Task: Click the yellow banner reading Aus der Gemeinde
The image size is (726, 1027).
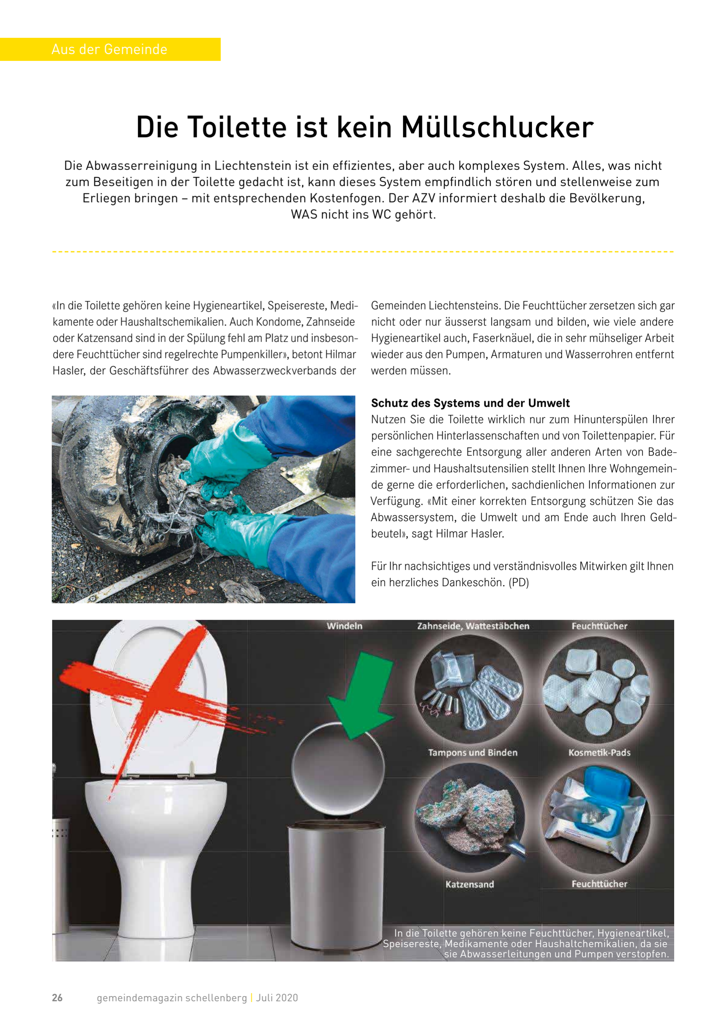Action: click(x=110, y=49)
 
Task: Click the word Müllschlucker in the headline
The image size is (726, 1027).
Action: click(x=497, y=128)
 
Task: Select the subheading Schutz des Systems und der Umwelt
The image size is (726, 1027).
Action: click(x=470, y=403)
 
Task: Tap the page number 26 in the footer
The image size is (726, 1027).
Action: click(x=57, y=997)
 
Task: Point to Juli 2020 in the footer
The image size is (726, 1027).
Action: click(x=277, y=997)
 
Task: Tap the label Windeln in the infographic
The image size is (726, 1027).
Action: click(x=344, y=626)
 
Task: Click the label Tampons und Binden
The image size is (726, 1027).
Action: click(x=473, y=752)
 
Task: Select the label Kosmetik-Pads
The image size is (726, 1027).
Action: click(x=599, y=752)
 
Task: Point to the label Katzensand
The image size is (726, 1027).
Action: click(x=469, y=884)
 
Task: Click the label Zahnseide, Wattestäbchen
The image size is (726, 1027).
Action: click(x=473, y=626)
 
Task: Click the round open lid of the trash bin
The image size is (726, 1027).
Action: click(x=338, y=767)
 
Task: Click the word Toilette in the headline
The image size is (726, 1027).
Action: click(x=236, y=128)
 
